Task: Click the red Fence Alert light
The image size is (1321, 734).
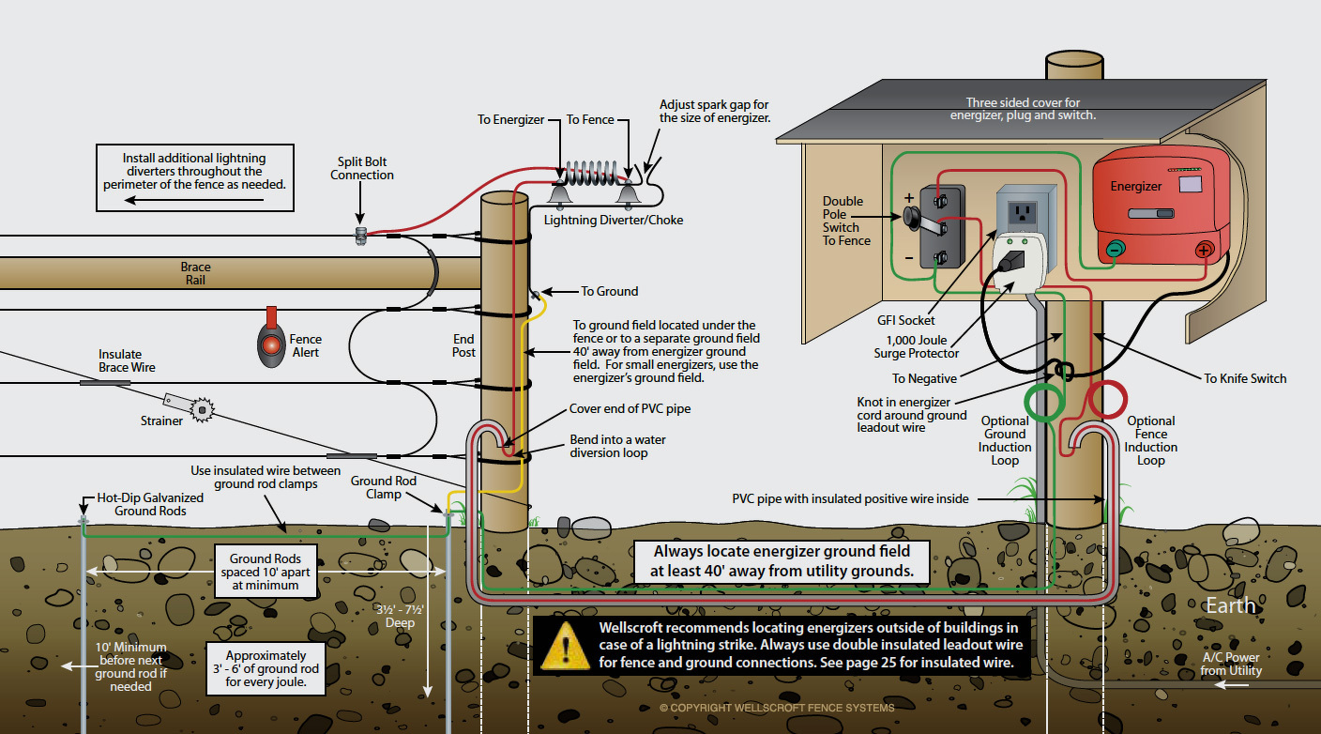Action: click(271, 344)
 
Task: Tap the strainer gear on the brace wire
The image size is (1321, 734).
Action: click(203, 409)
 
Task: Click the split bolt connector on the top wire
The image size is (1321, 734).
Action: click(360, 236)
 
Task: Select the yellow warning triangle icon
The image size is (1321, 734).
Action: click(565, 645)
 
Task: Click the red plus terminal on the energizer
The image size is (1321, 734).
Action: click(1204, 251)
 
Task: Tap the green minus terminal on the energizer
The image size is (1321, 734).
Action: click(1114, 250)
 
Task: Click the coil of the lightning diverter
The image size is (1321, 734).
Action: click(592, 173)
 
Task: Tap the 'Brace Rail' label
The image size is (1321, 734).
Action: click(195, 273)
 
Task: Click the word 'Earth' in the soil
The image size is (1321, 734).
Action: click(1230, 605)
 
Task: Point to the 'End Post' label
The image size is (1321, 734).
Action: click(463, 345)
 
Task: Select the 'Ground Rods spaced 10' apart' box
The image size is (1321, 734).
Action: click(266, 572)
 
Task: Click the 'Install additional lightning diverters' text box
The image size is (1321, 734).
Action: click(194, 177)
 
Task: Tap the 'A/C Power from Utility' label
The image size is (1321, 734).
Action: click(1231, 664)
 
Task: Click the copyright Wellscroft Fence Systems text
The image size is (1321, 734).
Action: click(777, 708)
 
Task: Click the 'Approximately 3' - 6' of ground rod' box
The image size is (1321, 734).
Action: click(266, 668)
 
